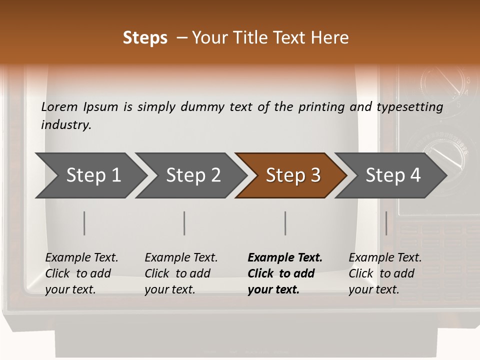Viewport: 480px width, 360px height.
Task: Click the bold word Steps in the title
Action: point(145,38)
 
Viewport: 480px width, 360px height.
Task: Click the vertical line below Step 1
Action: point(84,223)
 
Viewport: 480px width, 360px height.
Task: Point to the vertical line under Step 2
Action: point(184,223)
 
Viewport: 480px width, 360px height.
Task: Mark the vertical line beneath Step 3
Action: point(285,223)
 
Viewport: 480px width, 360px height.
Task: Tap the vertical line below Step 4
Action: point(386,223)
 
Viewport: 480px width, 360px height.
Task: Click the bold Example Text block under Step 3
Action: point(284,273)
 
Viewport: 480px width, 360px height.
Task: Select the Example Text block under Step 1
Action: point(81,273)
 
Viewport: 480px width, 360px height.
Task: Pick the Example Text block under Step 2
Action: point(180,273)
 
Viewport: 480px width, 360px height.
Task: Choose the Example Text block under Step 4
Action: point(384,273)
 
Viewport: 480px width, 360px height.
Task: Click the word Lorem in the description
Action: point(59,107)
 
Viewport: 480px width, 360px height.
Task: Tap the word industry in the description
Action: point(66,125)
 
